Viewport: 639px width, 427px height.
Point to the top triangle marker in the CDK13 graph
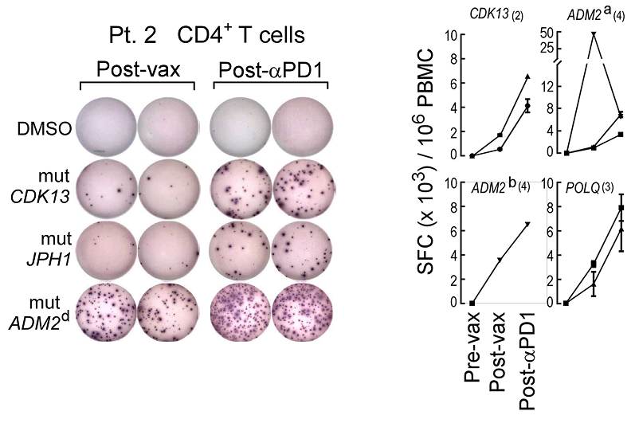(527, 76)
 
